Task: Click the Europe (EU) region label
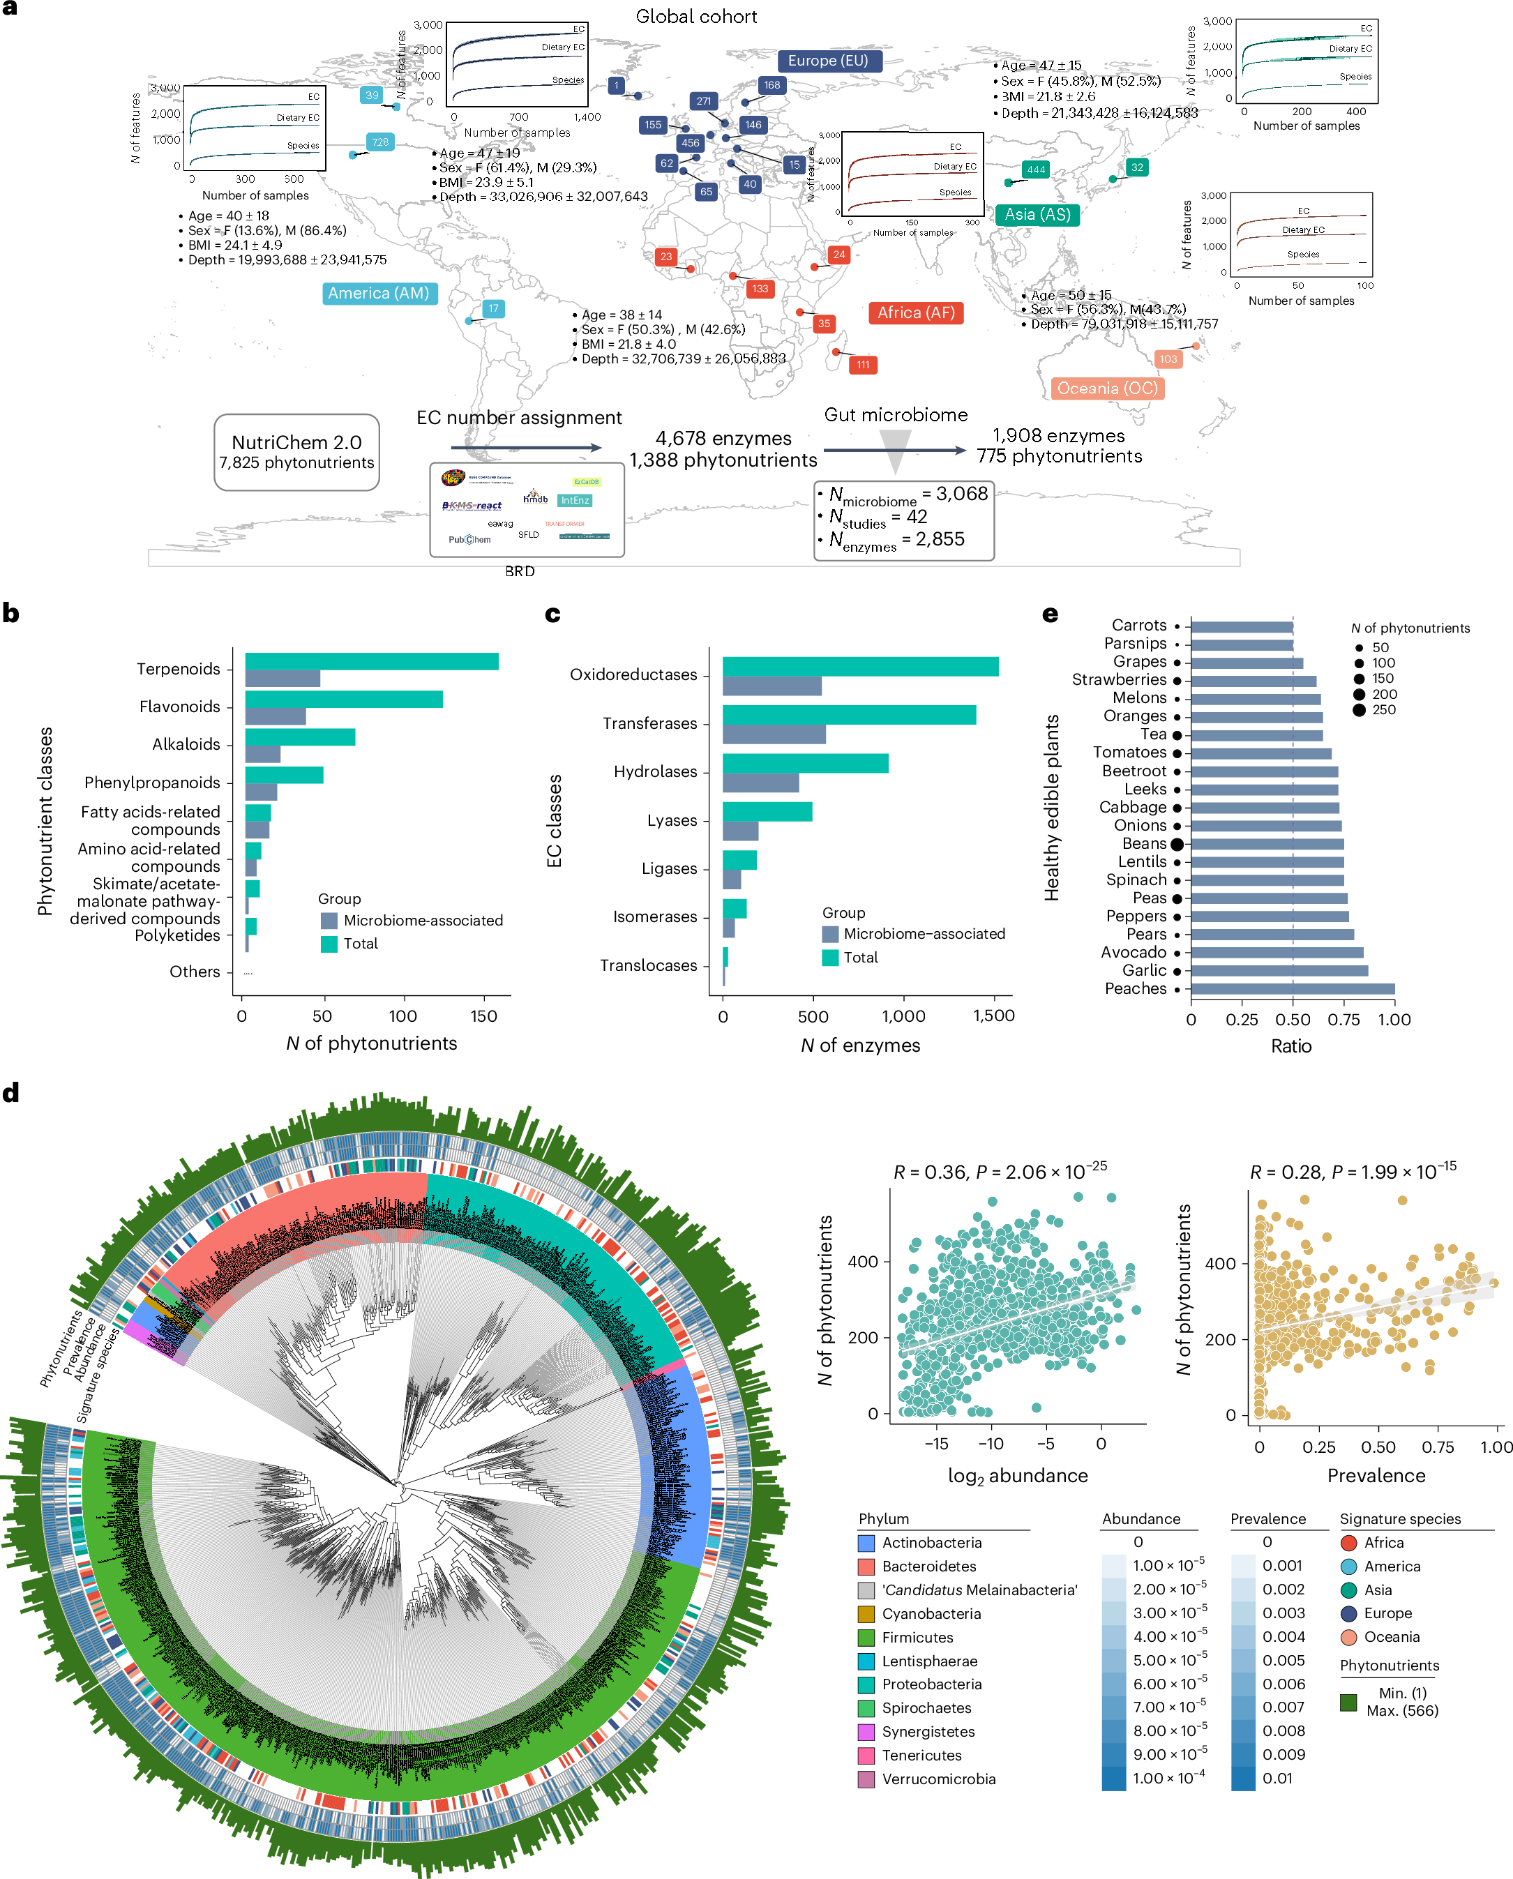tap(828, 61)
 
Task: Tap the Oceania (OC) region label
tap(1107, 388)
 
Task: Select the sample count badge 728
tap(380, 142)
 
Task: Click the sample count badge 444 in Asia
tap(1035, 170)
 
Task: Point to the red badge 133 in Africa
tap(760, 289)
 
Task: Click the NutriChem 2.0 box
tap(296, 451)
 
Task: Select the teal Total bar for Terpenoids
tap(371, 661)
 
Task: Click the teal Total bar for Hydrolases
tap(804, 764)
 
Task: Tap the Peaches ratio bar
tap(1292, 988)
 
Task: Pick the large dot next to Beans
tap(1177, 844)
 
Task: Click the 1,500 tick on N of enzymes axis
tap(993, 1016)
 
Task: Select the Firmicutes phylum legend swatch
tap(866, 1638)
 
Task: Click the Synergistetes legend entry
tap(927, 1732)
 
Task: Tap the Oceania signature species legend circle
tap(1348, 1637)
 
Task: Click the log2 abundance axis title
tap(1017, 1475)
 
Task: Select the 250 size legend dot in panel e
tap(1359, 710)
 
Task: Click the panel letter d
tap(11, 1093)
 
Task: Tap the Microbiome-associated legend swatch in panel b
tap(329, 921)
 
